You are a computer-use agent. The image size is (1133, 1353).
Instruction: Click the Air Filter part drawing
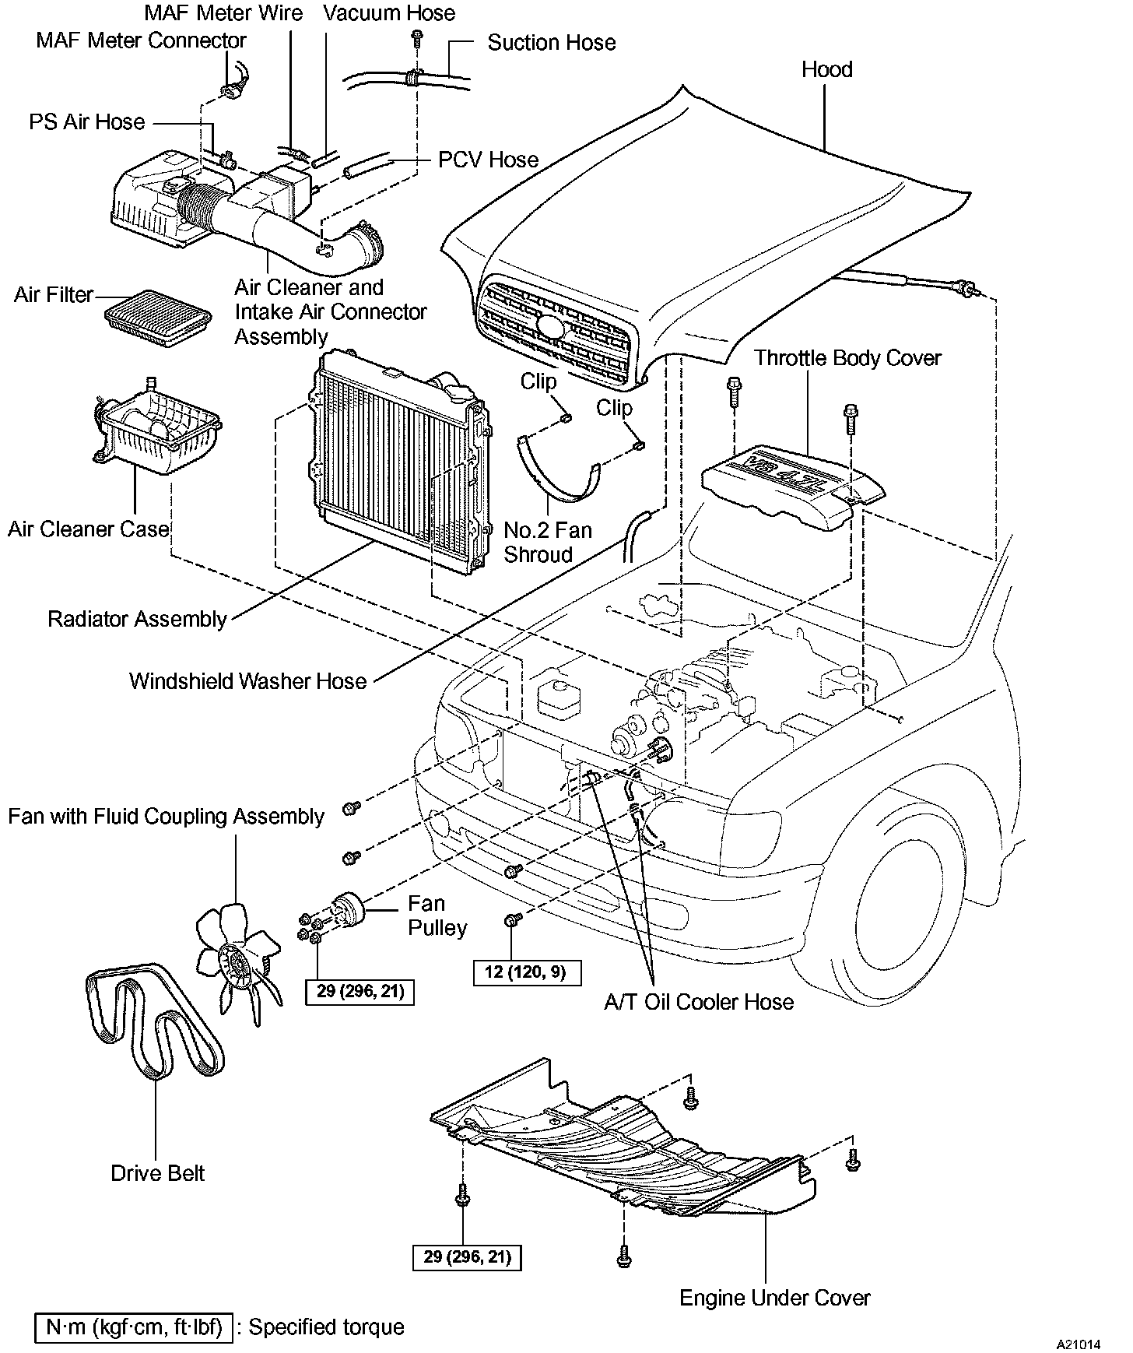point(157,318)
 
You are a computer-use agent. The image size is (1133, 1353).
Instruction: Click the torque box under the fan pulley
point(360,993)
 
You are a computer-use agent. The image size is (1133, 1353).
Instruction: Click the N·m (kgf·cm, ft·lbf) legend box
point(134,1327)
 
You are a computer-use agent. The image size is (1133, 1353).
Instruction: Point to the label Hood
point(826,70)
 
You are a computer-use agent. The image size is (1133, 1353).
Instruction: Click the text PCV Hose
point(488,160)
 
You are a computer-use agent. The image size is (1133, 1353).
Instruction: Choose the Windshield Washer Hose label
point(247,681)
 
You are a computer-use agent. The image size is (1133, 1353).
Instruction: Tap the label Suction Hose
point(551,43)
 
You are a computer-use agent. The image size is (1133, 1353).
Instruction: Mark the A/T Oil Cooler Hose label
point(699,1002)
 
